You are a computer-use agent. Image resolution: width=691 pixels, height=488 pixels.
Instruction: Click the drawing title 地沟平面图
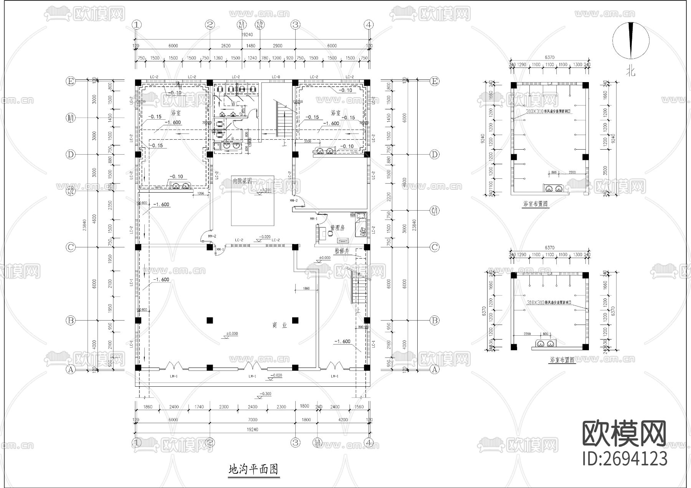[253, 469]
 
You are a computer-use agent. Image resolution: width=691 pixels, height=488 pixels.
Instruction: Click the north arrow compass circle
[631, 40]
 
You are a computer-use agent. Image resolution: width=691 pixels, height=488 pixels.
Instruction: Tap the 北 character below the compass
[631, 72]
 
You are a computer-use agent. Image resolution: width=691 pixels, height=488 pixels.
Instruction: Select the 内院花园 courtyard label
[242, 181]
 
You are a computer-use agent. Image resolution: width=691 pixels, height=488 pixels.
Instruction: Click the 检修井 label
[341, 251]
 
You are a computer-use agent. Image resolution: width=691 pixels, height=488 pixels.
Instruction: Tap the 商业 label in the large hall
[280, 325]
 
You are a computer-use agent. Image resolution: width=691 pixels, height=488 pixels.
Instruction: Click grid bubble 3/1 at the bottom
[317, 442]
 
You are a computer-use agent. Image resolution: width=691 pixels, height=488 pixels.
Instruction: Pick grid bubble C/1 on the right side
[435, 210]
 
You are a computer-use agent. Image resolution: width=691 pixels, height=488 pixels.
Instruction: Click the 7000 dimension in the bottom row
[252, 420]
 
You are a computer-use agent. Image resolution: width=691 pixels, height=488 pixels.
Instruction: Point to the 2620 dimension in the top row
[226, 46]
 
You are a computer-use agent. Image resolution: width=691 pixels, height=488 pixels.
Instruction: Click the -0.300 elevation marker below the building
[265, 394]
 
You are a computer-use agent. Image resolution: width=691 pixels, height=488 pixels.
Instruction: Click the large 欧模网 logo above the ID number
[624, 434]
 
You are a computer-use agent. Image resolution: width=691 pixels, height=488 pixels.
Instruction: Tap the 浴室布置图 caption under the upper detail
[536, 204]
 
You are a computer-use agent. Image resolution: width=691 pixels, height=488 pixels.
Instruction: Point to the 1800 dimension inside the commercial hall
[306, 289]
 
